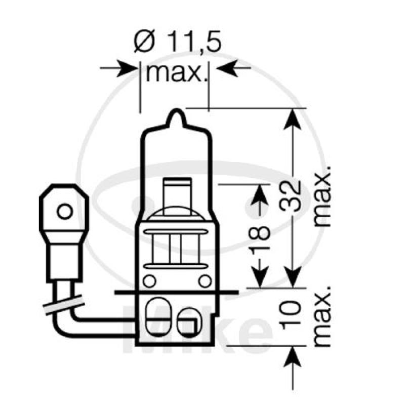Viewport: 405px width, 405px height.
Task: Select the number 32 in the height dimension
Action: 293,195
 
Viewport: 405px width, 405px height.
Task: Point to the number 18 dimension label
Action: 260,233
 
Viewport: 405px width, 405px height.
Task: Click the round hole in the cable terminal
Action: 65,211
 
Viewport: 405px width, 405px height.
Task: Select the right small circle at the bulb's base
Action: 205,280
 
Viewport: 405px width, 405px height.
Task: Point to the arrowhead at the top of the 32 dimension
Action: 292,117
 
